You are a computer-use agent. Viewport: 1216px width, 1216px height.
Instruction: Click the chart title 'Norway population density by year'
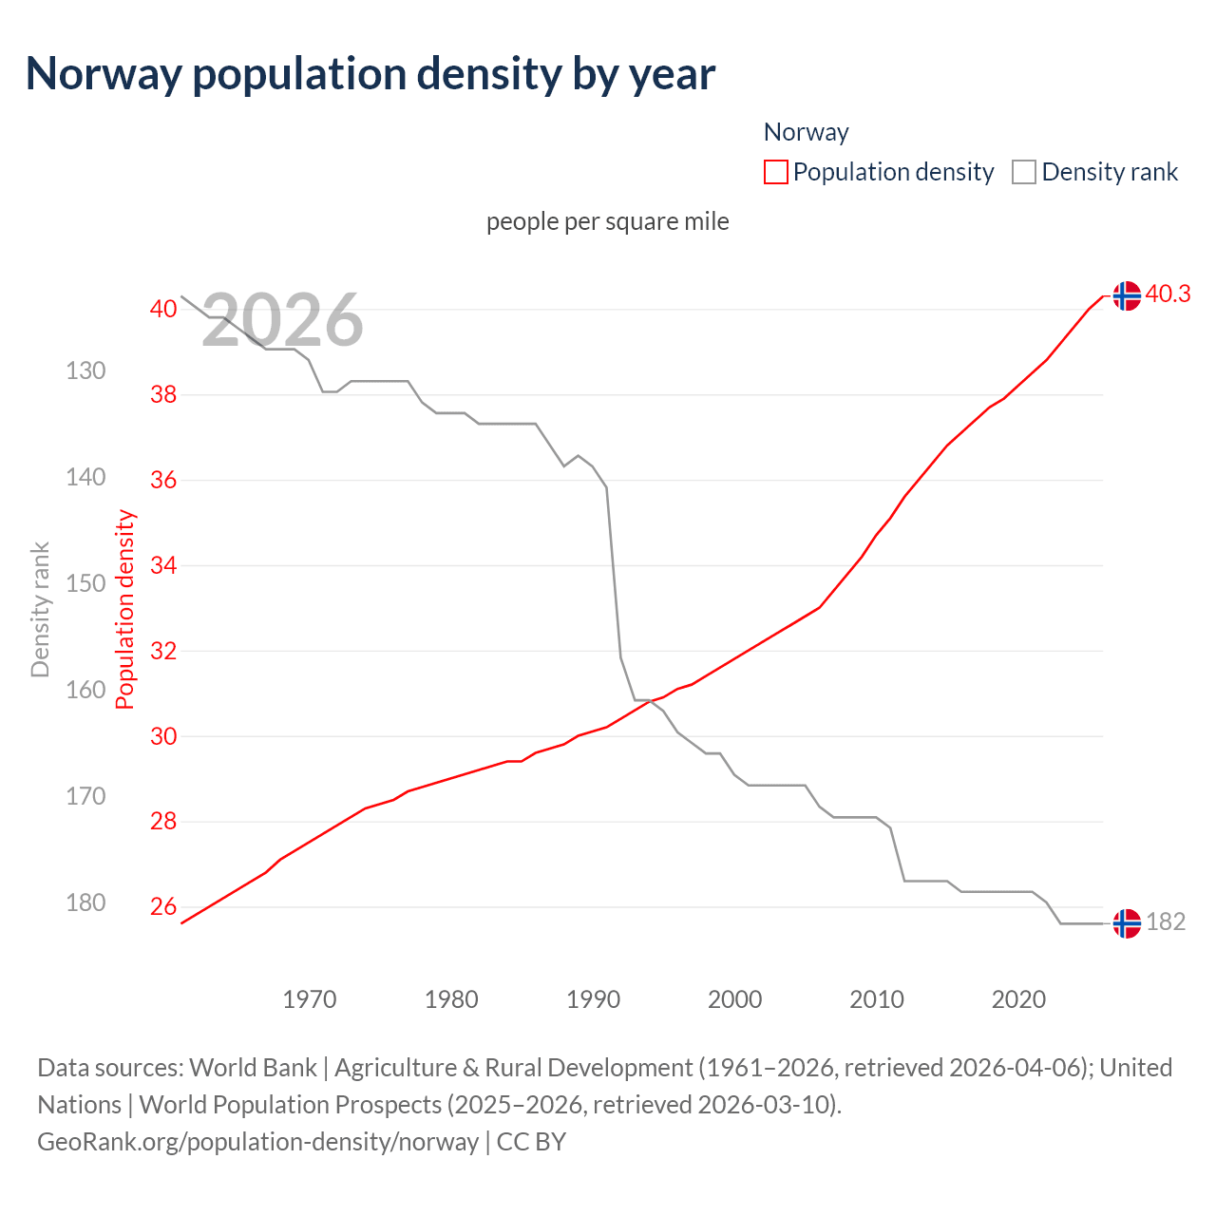(x=370, y=74)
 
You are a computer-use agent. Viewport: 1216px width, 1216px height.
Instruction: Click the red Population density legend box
(x=776, y=172)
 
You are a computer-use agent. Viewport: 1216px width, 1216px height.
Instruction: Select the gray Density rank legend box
(x=1024, y=172)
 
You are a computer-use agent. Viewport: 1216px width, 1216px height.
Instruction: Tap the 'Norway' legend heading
(x=806, y=132)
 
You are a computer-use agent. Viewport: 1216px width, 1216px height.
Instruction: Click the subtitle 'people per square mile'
(x=608, y=221)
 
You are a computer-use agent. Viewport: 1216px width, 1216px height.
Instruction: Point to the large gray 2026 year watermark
(x=282, y=320)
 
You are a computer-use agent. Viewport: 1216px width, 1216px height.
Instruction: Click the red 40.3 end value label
(x=1168, y=294)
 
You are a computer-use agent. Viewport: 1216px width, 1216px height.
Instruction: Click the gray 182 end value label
(x=1166, y=922)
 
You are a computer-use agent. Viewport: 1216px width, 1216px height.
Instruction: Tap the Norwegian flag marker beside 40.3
(x=1127, y=296)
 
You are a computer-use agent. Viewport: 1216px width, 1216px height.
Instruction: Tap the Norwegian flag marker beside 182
(x=1127, y=923)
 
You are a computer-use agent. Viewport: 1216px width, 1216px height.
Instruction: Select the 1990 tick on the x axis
(x=593, y=999)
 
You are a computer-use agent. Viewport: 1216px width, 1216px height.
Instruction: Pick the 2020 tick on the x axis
(x=1018, y=999)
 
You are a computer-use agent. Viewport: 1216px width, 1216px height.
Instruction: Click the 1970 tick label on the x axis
(x=310, y=999)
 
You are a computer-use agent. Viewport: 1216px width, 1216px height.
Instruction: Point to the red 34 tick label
(x=163, y=566)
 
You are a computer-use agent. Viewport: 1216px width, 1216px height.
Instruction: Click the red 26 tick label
(x=163, y=906)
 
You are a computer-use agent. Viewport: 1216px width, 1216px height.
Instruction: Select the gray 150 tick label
(x=85, y=583)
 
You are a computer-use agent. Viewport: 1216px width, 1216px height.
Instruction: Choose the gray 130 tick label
(x=85, y=370)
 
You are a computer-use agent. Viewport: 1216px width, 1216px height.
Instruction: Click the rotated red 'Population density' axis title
(x=125, y=610)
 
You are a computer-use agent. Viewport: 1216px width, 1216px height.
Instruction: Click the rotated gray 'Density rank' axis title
(x=40, y=610)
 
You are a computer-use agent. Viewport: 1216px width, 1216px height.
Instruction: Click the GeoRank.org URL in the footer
(x=257, y=1142)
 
